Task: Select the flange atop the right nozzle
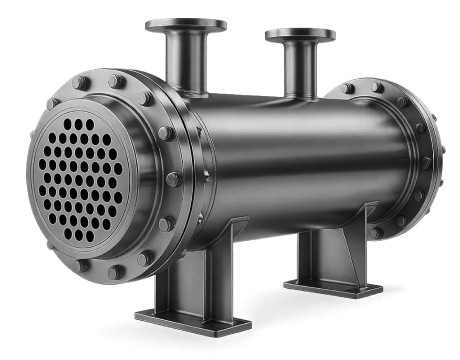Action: (299, 35)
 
